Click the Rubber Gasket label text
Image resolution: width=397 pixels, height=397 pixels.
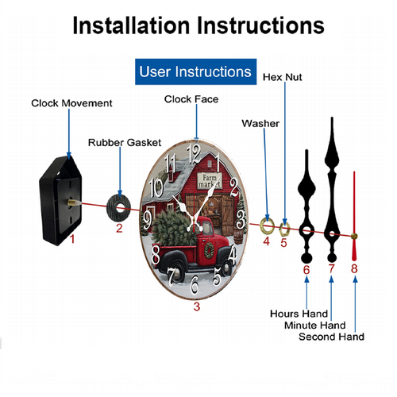[x=125, y=143]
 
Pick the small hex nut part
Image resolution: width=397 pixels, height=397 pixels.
[x=284, y=229]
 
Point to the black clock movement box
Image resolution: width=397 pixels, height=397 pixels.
[x=60, y=200]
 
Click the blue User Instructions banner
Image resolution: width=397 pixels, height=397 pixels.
[x=195, y=71]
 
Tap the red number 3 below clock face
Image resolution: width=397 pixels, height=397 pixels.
[x=196, y=306]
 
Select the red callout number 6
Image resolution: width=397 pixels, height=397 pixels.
[x=306, y=270]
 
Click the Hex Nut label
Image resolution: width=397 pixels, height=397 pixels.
[x=282, y=77]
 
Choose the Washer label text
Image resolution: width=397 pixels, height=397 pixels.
[x=260, y=123]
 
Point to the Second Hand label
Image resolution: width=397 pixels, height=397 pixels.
[x=331, y=337]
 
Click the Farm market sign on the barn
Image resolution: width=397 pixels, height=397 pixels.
[x=210, y=181]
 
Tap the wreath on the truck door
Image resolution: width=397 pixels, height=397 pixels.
[x=209, y=250]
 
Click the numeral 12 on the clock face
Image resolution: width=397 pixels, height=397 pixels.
[x=195, y=154]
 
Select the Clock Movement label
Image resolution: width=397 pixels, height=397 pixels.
[x=71, y=103]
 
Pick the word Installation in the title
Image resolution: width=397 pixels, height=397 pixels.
[x=131, y=25]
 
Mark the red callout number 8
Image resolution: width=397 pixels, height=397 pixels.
[x=354, y=268]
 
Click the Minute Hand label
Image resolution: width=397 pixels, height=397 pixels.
[x=315, y=325]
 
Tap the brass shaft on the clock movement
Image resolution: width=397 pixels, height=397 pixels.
[x=74, y=202]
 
